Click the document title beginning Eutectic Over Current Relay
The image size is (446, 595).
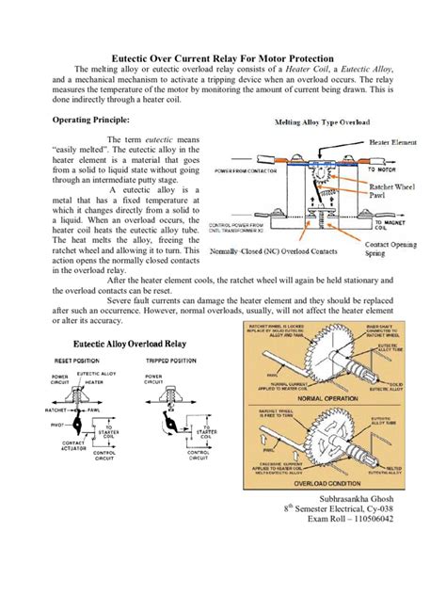tap(223, 58)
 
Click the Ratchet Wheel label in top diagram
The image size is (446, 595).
tap(390, 187)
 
